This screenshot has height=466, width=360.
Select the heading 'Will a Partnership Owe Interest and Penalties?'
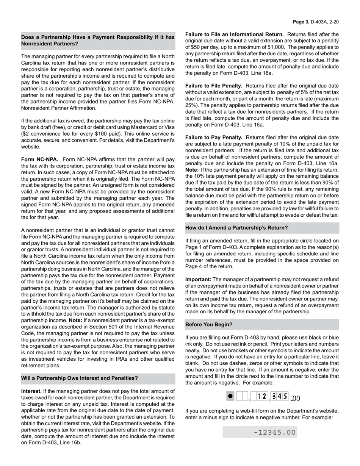point(80,378)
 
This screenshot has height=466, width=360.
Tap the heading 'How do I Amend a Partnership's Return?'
point(236,228)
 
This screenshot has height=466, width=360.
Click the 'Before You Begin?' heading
point(209,325)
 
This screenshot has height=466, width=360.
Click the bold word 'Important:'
point(198,279)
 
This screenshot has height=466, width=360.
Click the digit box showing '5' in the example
point(285,396)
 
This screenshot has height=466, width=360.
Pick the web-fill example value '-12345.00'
point(275,432)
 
